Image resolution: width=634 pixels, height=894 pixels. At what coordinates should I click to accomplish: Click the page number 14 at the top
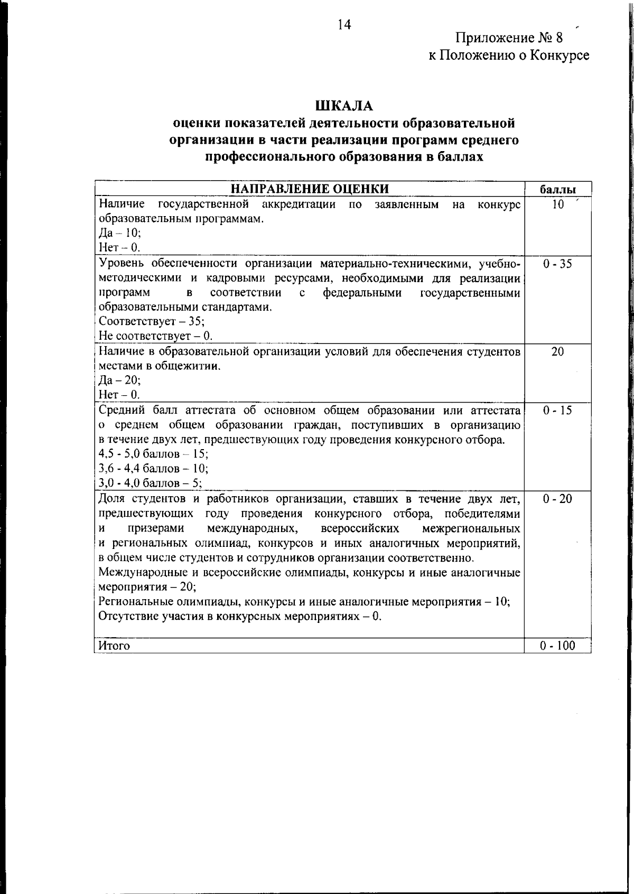point(344,25)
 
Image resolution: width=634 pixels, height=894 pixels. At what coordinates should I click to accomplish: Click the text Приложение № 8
point(509,38)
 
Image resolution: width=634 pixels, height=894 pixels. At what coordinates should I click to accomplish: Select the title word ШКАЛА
point(344,106)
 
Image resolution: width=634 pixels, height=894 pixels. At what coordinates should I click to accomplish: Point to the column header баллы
point(558,190)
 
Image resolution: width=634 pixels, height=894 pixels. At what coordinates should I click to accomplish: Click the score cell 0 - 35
point(557,264)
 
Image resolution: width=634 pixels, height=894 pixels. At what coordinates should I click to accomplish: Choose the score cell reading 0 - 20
point(557,499)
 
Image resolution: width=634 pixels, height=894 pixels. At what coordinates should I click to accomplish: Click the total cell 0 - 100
point(557,646)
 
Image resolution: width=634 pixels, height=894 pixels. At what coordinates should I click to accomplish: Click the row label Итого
point(114,646)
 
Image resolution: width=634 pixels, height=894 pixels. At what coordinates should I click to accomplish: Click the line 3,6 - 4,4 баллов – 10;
point(154,469)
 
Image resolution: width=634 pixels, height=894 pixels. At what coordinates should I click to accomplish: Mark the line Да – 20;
point(120,380)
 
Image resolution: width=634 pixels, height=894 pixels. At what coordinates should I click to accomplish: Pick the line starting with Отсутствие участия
point(240,617)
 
